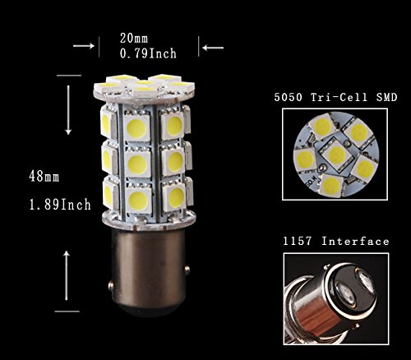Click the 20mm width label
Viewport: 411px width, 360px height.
point(134,38)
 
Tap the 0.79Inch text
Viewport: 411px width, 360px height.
point(148,53)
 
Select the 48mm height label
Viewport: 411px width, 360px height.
point(44,177)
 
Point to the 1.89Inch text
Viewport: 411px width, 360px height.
point(60,205)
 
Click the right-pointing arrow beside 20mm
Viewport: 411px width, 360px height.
point(84,46)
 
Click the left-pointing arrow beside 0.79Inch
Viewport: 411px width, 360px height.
point(213,48)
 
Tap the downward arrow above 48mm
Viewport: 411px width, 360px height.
point(68,110)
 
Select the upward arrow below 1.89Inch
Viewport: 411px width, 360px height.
point(67,275)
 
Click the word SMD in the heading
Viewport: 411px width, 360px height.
point(386,97)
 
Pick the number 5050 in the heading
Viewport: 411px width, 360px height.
point(289,97)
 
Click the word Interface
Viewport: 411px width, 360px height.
point(355,242)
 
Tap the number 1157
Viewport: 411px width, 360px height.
point(298,242)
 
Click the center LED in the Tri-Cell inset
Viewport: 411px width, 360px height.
point(336,154)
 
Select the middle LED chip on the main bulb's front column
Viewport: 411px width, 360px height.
point(137,164)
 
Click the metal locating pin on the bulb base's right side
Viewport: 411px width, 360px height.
point(187,268)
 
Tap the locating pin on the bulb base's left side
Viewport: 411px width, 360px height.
point(111,285)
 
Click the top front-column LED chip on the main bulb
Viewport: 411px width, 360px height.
point(136,128)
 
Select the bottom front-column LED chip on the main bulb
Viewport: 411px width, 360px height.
point(138,199)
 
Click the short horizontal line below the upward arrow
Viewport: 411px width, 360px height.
point(67,312)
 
